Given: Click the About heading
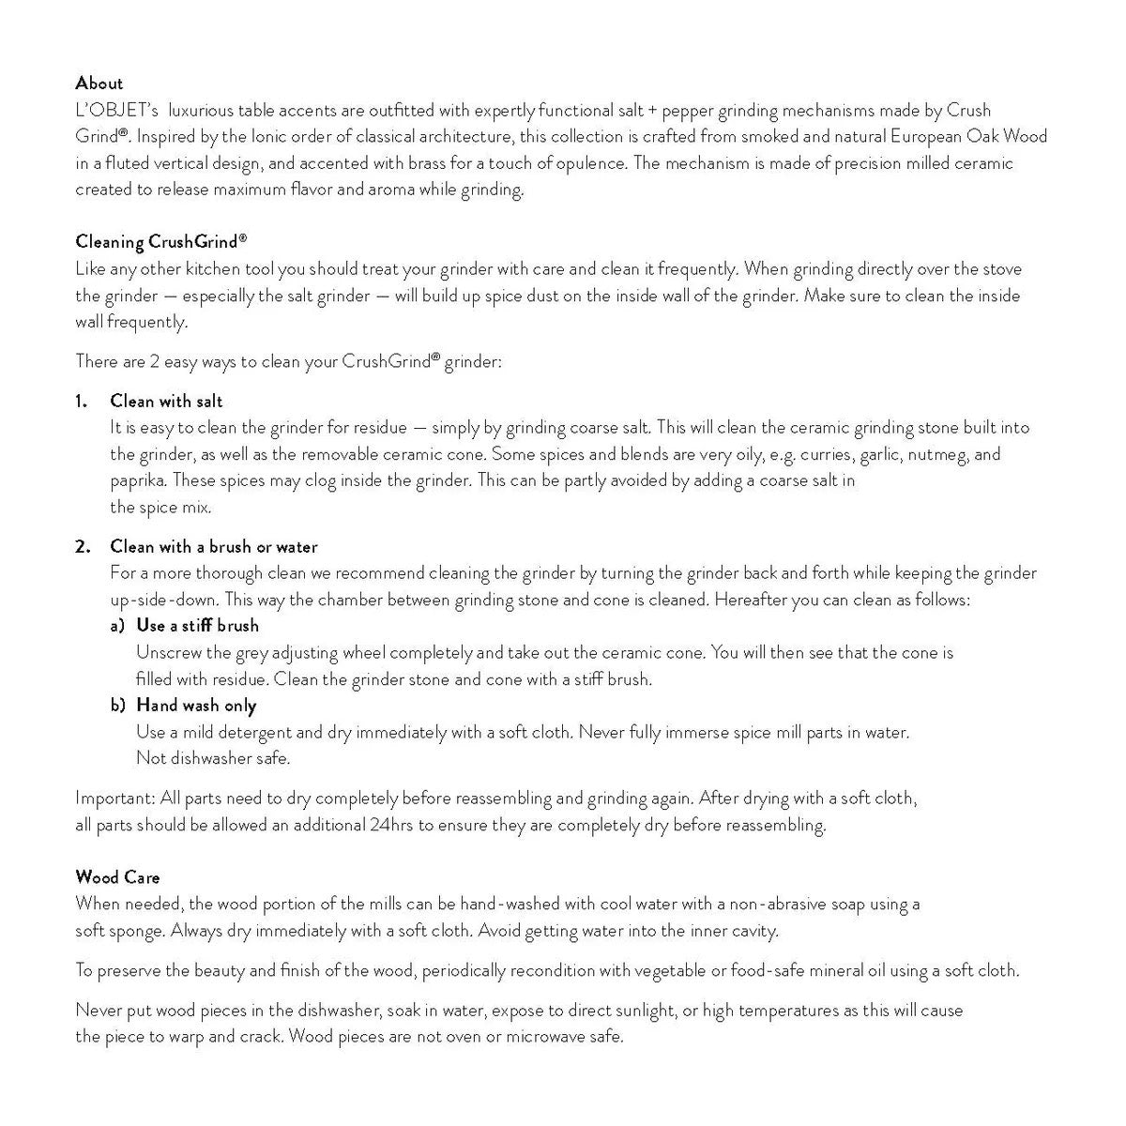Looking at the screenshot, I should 99,83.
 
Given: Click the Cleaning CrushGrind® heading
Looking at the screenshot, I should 160,242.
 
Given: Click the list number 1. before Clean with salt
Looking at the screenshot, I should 82,402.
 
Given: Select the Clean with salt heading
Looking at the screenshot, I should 166,402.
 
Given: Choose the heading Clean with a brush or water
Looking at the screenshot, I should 214,547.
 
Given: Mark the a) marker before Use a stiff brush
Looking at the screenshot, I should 118,626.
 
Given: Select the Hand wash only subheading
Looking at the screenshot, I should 196,706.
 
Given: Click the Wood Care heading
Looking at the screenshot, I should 117,877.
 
